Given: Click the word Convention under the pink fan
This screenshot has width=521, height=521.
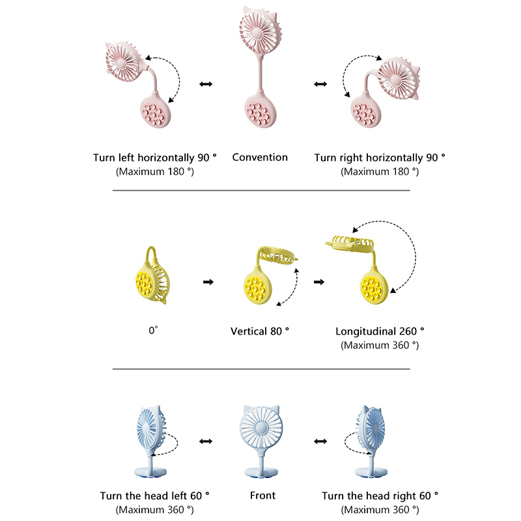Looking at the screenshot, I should (x=260, y=157).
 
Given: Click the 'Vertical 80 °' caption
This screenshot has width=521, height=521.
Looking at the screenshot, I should (x=260, y=331).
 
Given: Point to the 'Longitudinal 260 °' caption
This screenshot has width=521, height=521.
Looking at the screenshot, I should (x=380, y=331).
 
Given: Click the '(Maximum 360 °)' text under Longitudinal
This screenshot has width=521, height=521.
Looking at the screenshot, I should (x=380, y=345).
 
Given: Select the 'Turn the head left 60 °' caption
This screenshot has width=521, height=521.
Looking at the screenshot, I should (x=155, y=496).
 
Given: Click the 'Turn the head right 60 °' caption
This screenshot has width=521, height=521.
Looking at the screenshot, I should (x=380, y=496).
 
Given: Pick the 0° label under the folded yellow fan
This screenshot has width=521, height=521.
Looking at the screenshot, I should (x=153, y=330).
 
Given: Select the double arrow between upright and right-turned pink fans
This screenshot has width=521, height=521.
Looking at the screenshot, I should (x=320, y=84).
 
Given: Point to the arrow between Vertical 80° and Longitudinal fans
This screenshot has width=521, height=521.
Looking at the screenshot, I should (x=319, y=282).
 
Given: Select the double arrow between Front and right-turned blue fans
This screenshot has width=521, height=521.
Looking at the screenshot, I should (x=320, y=442).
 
